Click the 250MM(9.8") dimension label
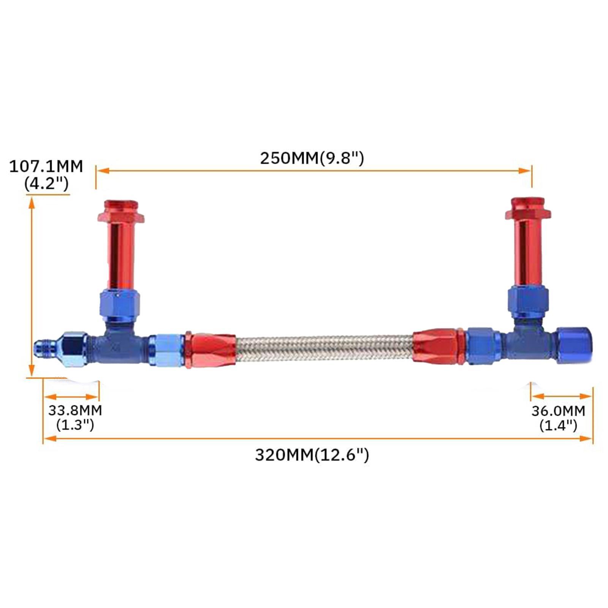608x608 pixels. click(x=312, y=158)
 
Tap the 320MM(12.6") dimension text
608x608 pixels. click(x=312, y=455)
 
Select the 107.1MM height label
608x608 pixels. click(x=46, y=167)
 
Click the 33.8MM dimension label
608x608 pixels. click(x=75, y=410)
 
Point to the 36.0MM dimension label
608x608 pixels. click(x=558, y=411)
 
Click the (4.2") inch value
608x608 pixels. click(x=46, y=184)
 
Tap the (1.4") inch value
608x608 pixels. click(x=558, y=425)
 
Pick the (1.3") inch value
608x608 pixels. click(x=75, y=424)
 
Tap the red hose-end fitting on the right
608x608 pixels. click(x=437, y=347)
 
